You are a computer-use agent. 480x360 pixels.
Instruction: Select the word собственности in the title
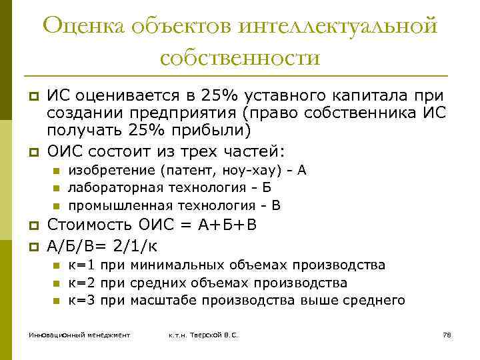point(240,57)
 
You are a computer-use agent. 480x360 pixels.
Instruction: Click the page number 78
point(447,334)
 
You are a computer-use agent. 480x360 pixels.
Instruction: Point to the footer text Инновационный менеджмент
point(79,334)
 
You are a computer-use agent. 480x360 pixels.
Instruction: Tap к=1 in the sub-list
point(82,265)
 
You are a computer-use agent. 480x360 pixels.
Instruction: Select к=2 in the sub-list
point(82,283)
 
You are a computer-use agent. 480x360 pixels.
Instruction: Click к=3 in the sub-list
point(82,300)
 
